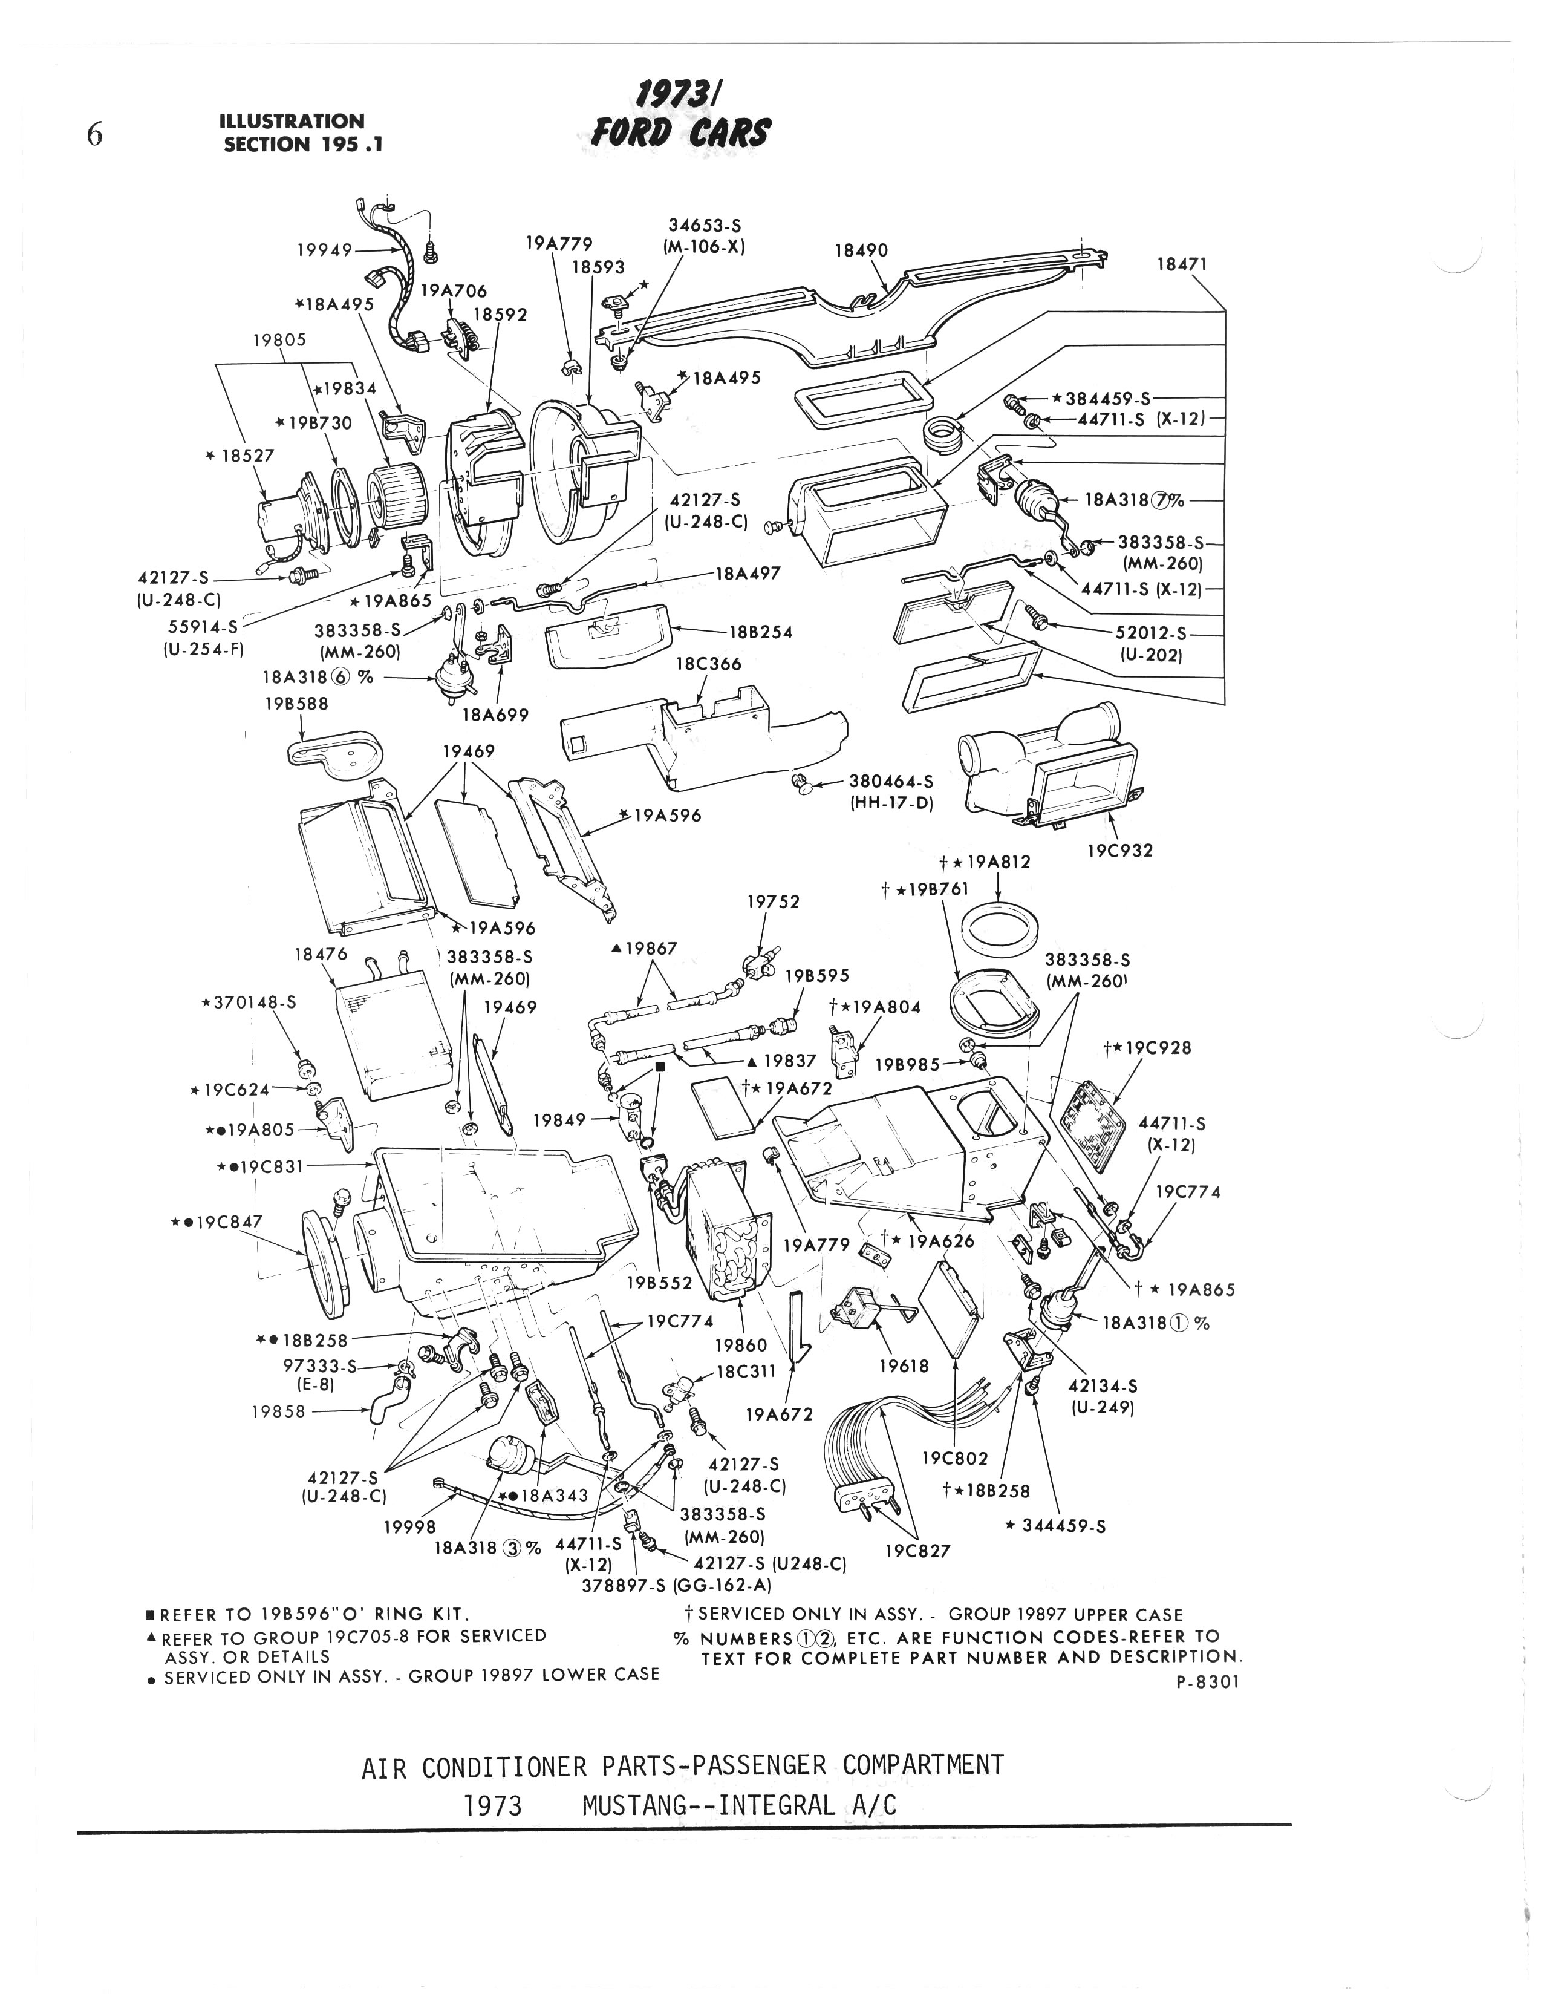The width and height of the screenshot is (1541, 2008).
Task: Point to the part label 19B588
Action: (296, 704)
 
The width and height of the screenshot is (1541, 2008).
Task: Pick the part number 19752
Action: (774, 901)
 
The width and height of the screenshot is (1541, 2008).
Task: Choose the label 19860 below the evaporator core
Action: (740, 1346)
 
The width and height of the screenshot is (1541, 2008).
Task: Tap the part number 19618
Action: (904, 1366)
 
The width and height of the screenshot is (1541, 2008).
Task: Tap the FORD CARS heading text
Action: (680, 134)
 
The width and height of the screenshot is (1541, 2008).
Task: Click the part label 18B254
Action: (760, 632)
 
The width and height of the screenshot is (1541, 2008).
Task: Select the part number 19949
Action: (324, 249)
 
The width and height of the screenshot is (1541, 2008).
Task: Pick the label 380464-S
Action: (891, 782)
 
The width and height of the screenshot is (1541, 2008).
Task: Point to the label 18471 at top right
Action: (1181, 264)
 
